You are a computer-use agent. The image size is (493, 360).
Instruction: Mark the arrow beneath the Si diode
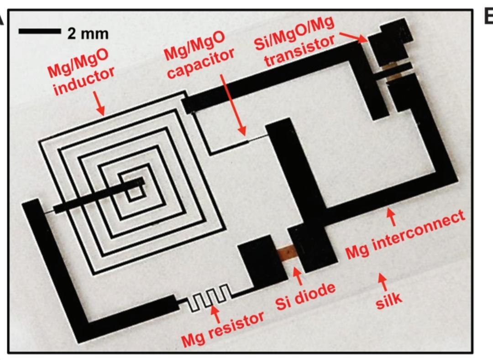click(297, 275)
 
